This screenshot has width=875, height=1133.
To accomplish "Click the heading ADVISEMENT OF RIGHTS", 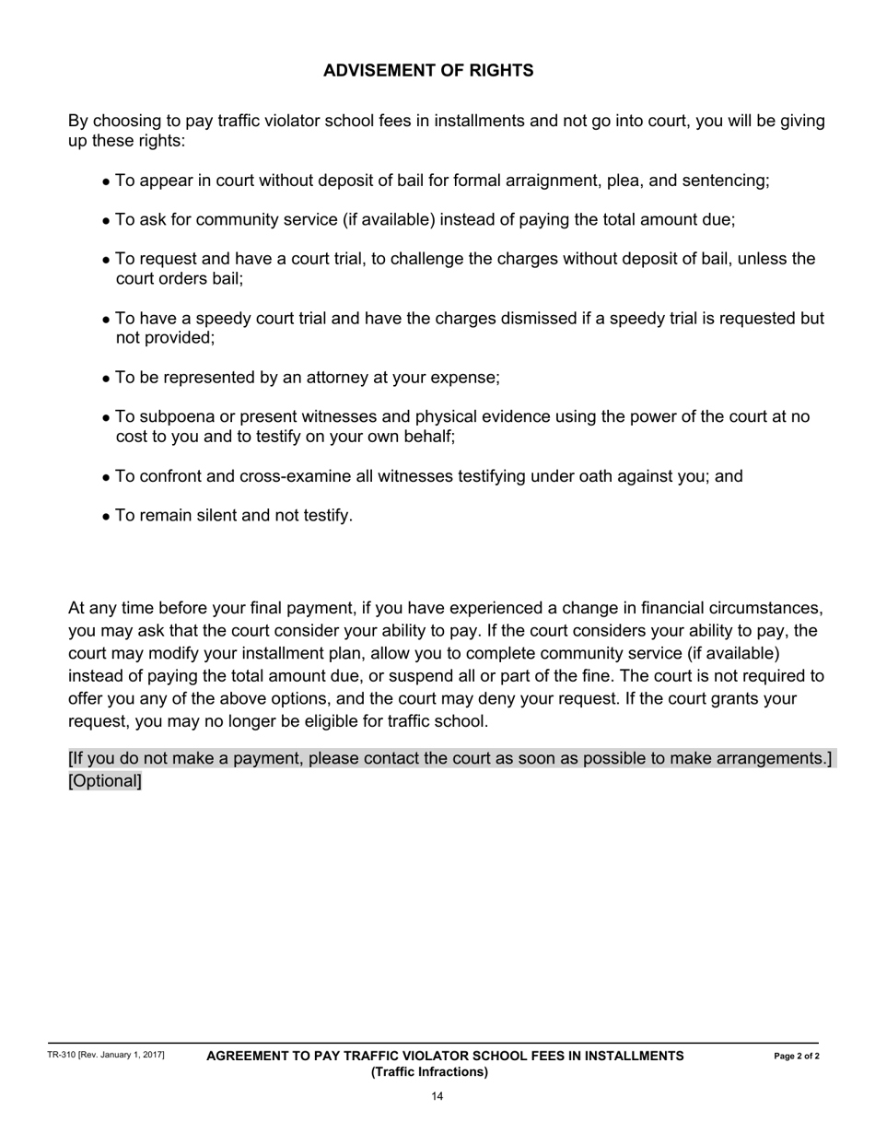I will coord(428,71).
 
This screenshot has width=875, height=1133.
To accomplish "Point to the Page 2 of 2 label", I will coord(797,1057).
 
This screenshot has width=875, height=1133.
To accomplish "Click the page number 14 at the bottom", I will coord(437,1096).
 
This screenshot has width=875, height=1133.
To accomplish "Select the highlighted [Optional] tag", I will coord(105,781).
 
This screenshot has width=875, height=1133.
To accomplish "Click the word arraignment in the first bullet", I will coord(550,181).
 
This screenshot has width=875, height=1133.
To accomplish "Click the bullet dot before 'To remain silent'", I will coord(107,517).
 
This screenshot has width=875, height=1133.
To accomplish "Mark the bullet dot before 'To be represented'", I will coord(107,380).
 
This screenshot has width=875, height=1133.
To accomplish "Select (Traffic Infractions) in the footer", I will coord(429,1072).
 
